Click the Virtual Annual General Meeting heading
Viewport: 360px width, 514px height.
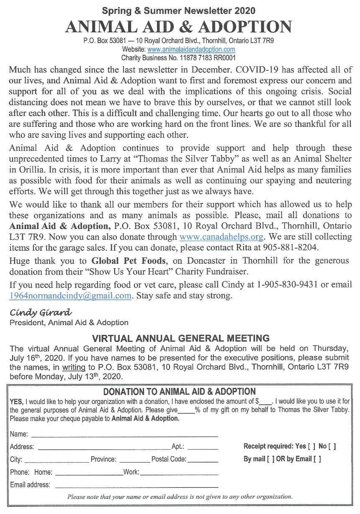(180, 338)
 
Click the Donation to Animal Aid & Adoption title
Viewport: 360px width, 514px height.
(179, 392)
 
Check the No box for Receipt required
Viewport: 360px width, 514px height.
(332, 447)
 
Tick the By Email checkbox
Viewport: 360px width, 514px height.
(317, 459)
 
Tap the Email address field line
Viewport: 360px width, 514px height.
(136, 486)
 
